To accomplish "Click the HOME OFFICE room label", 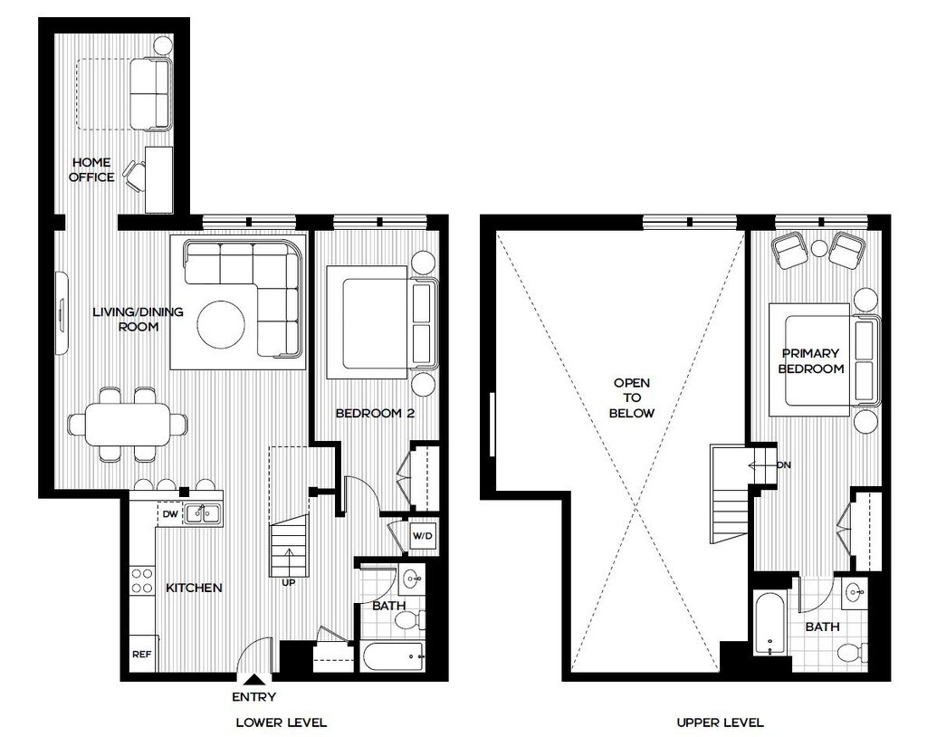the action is coord(91,169).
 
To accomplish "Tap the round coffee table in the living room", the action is coord(221,325).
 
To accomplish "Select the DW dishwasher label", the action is coord(170,514).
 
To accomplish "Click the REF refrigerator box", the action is coord(143,654).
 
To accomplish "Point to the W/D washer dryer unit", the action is coord(422,537).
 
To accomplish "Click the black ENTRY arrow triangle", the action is coord(254,680).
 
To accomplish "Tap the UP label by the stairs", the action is coord(289,582).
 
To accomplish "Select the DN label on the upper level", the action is coord(783,464).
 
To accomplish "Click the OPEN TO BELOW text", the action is coord(631,398).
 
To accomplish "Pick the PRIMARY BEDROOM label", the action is coord(810,361).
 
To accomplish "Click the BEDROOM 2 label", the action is coord(375,413).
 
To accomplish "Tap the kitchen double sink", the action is coord(203,513).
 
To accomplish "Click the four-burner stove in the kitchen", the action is coord(142,580).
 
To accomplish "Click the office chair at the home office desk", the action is coord(134,176).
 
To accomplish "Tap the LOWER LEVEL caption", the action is coord(281,723).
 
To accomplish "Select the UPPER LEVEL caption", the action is coord(720,723).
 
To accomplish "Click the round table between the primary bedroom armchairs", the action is coord(819,248).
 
